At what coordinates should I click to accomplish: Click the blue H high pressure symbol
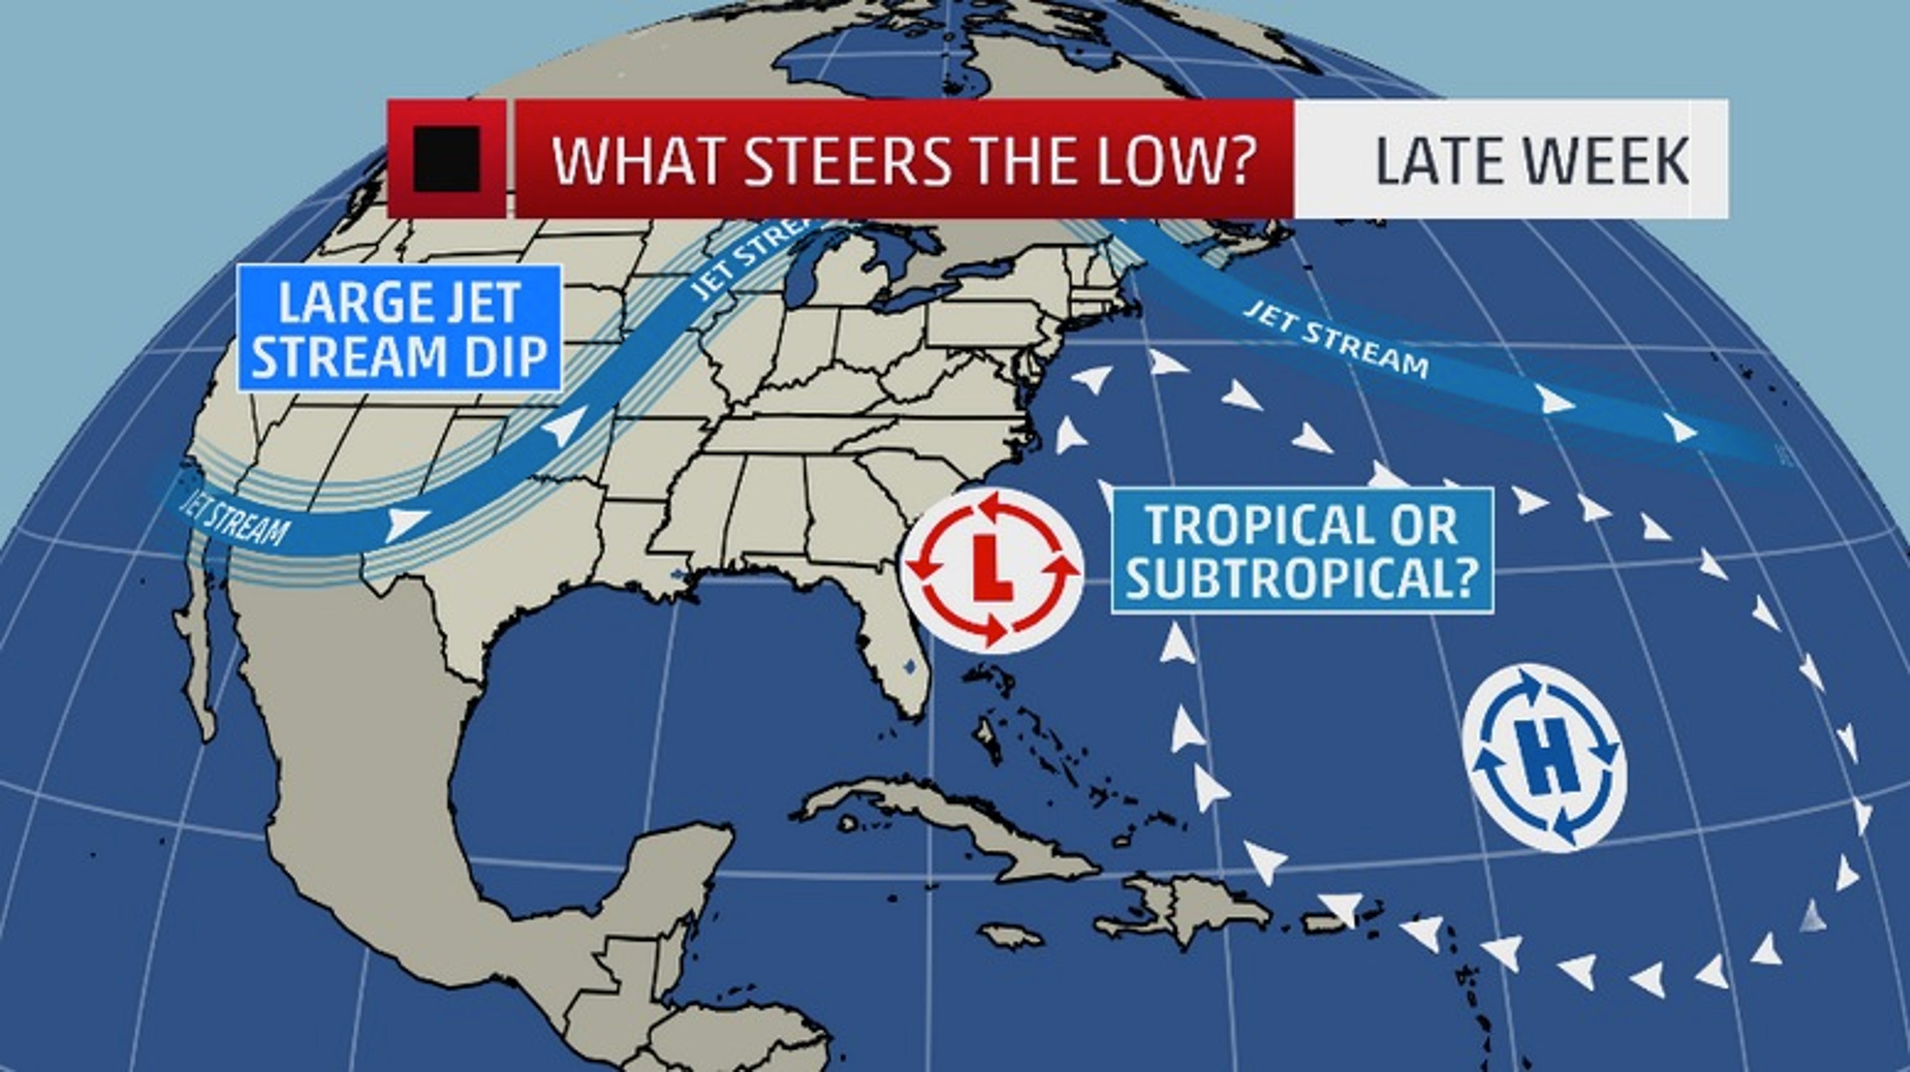click(x=1544, y=758)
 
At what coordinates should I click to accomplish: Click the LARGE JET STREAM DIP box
click(x=399, y=328)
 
